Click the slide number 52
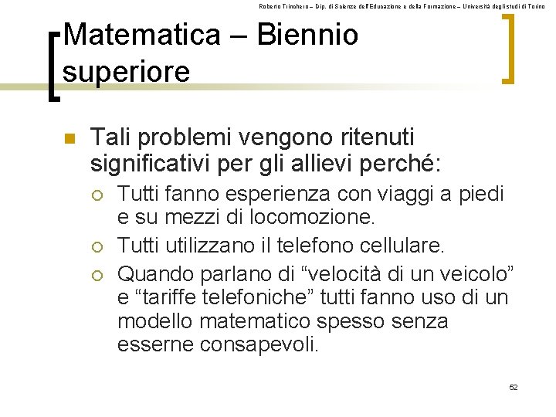[514, 387]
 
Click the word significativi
[151, 164]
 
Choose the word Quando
[156, 273]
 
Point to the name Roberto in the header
[270, 6]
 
